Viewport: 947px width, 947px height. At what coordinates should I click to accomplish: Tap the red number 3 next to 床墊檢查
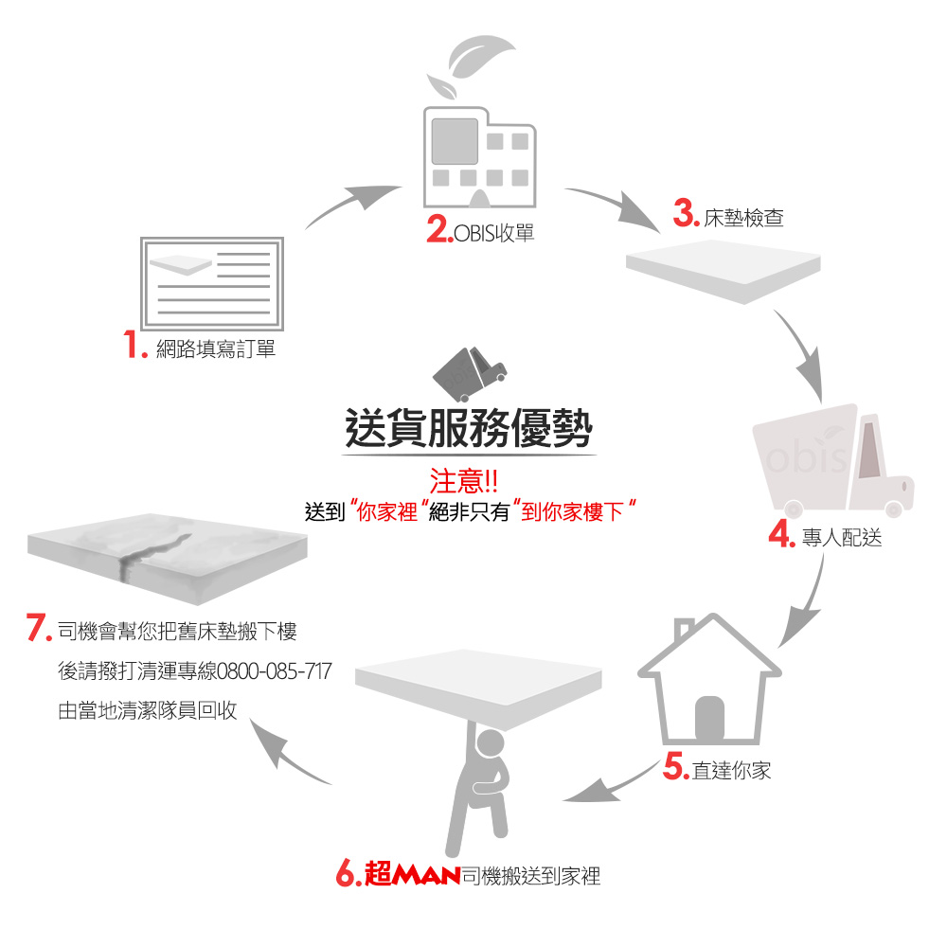(x=686, y=213)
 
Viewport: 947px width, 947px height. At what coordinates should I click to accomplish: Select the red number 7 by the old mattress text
(x=39, y=627)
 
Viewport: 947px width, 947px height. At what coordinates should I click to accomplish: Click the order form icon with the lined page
(x=212, y=283)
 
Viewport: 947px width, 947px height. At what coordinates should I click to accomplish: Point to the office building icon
(x=479, y=157)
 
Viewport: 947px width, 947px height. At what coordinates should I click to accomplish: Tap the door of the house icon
(x=709, y=718)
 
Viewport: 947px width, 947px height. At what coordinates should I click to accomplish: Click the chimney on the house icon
(x=684, y=629)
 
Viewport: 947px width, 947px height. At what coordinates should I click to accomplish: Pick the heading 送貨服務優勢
(x=469, y=428)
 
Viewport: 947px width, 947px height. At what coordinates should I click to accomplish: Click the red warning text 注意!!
(x=464, y=481)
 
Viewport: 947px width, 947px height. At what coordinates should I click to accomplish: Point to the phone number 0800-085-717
(x=275, y=671)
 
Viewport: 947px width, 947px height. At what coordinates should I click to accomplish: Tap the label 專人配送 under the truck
(x=842, y=537)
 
